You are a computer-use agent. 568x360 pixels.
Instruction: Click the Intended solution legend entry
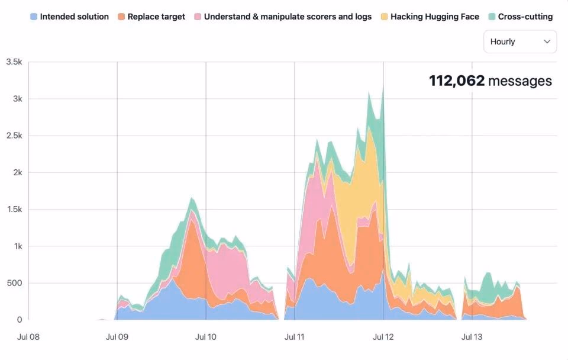tap(70, 17)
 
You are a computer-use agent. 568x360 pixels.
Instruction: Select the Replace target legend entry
tap(151, 17)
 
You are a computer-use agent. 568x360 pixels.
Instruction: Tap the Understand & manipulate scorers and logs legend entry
tap(283, 17)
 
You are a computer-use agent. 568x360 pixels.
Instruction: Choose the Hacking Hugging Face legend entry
tap(430, 17)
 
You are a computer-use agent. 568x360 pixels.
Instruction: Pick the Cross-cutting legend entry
tap(521, 17)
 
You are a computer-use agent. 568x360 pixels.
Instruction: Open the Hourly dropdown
tap(520, 41)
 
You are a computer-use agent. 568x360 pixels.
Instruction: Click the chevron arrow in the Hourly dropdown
tap(547, 41)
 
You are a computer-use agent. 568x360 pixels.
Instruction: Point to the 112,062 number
tap(456, 81)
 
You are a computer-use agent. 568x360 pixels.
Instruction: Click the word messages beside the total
tap(520, 81)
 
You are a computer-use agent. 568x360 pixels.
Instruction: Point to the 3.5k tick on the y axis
tap(14, 62)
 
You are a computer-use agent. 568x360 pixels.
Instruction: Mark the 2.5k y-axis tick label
tap(14, 136)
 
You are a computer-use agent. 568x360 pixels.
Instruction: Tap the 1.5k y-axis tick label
tap(14, 209)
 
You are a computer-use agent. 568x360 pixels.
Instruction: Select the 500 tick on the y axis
tap(14, 283)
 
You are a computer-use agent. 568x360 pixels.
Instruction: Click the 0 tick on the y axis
tap(20, 320)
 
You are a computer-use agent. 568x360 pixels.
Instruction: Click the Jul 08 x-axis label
tap(28, 337)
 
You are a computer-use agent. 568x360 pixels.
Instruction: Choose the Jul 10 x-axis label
tap(206, 337)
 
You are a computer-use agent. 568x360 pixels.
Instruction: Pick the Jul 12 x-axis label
tap(383, 337)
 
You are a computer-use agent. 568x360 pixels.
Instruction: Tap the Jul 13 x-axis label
tap(472, 337)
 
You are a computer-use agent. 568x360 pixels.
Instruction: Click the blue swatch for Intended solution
tap(34, 17)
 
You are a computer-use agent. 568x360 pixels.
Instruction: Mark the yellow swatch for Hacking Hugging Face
tap(385, 17)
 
